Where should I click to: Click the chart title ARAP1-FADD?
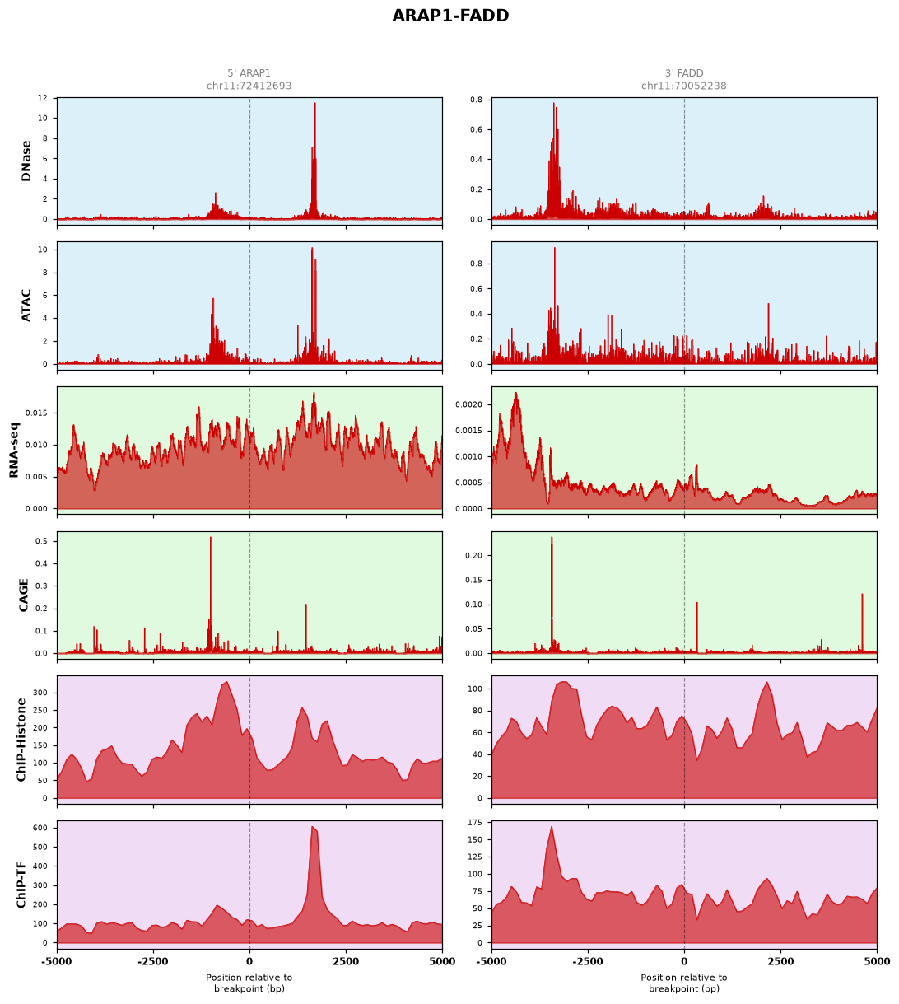[x=450, y=16]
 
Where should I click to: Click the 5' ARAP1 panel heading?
[x=249, y=73]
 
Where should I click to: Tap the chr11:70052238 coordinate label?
[x=683, y=86]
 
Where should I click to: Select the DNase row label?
[x=26, y=161]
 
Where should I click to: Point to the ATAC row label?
[x=26, y=306]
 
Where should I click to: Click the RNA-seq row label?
[x=14, y=450]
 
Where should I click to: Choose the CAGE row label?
[x=23, y=595]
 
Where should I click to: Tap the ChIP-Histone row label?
[x=21, y=740]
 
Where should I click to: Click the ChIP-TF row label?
[x=21, y=885]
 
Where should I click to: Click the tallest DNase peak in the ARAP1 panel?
[x=314, y=104]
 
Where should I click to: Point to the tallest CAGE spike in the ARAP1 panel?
[x=211, y=538]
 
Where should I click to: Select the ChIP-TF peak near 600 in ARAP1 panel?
[x=312, y=827]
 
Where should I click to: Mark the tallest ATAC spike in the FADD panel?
[x=554, y=248]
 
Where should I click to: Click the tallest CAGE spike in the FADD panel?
[x=552, y=538]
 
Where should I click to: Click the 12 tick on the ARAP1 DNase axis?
[x=43, y=98]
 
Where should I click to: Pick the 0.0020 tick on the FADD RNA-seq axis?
[x=468, y=404]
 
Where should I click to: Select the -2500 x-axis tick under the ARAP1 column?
[x=153, y=962]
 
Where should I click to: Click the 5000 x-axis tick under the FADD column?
[x=877, y=962]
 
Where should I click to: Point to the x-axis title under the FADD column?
[x=683, y=983]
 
